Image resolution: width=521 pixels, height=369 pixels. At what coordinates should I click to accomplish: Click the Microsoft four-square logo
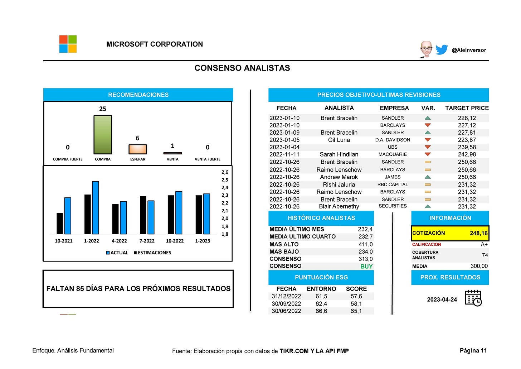(68, 44)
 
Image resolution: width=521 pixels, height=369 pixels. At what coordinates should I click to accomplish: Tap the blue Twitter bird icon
(442, 49)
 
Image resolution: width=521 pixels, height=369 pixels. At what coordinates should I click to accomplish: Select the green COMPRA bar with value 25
(103, 135)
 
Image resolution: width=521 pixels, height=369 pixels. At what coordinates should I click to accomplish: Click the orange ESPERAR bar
(137, 149)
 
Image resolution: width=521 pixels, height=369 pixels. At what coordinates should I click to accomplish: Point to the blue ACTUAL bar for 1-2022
(96, 207)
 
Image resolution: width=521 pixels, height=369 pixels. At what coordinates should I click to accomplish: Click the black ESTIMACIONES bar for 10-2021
(60, 224)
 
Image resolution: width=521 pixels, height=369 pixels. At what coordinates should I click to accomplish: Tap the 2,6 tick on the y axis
(225, 172)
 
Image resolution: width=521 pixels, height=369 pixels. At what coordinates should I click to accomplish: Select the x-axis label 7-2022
(147, 241)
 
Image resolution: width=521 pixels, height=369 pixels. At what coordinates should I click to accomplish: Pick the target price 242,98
(467, 154)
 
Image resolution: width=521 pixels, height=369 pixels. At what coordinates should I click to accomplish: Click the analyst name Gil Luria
(339, 140)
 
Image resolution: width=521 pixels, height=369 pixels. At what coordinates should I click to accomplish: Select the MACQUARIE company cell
(393, 154)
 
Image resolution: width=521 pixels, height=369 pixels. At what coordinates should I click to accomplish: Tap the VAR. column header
(428, 108)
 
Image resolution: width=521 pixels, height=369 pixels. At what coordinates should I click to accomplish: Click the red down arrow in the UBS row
(428, 147)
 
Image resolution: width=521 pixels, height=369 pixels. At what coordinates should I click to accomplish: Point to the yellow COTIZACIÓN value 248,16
(478, 233)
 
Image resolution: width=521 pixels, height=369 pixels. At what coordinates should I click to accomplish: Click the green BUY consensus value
(366, 267)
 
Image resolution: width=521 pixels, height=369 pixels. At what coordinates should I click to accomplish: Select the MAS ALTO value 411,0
(365, 244)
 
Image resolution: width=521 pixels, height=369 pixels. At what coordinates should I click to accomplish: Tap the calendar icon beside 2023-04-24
(473, 298)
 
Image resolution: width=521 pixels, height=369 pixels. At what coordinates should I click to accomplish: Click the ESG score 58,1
(356, 304)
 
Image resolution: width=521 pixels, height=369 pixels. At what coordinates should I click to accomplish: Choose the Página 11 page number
(473, 351)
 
